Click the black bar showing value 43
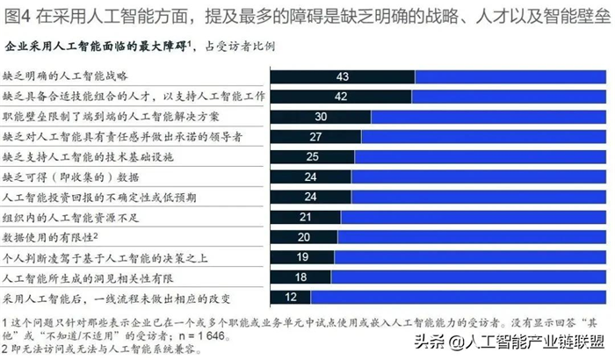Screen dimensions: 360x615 coord(342,76)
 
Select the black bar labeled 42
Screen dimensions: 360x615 coord(340,97)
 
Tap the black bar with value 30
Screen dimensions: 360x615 coord(320,116)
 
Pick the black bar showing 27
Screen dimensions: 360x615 coord(315,137)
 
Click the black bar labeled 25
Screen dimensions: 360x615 coord(312,157)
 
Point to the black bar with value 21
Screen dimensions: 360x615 coord(305,217)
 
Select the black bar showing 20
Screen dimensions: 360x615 coord(303,237)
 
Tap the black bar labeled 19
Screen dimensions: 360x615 coord(301,257)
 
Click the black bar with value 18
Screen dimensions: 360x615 coord(300,277)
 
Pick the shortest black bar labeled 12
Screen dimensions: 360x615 coord(290,298)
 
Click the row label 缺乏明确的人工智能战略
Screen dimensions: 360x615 coord(66,76)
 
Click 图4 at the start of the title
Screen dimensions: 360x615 coord(19,15)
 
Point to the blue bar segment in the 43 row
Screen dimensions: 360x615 coord(510,76)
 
